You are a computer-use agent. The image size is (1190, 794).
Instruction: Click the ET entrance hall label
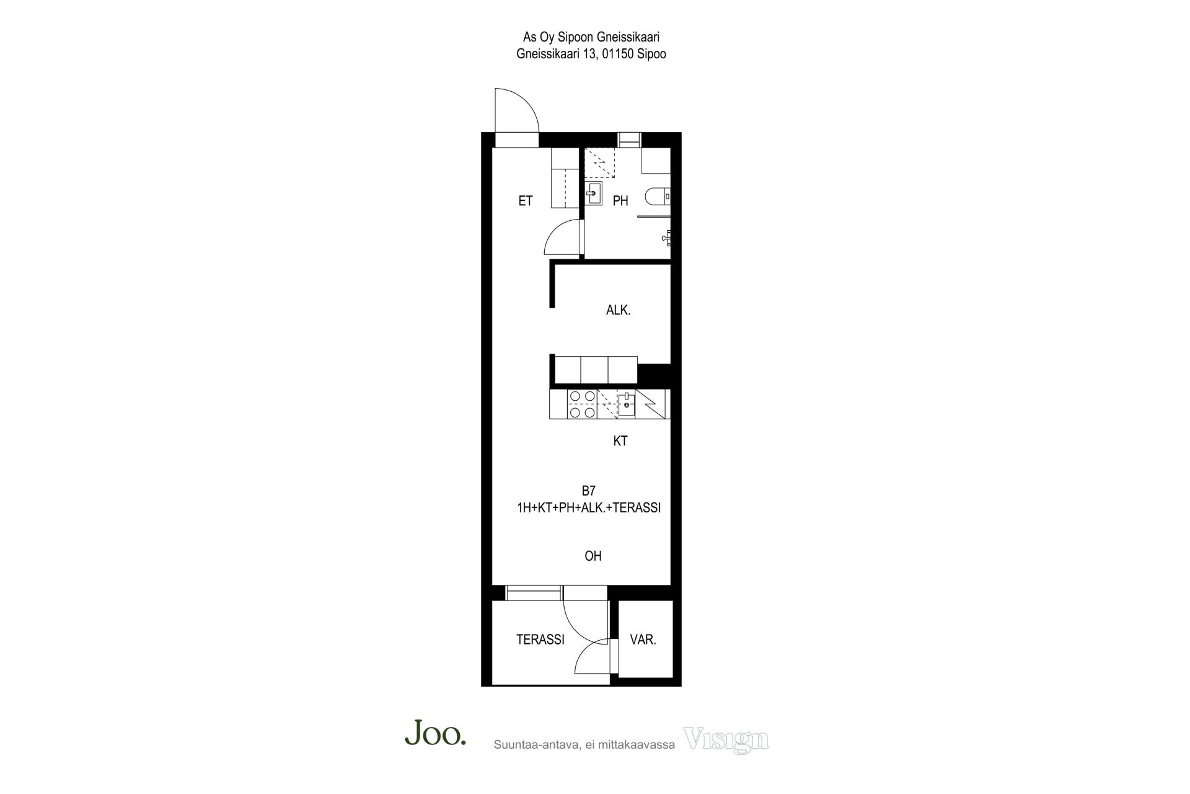pos(526,201)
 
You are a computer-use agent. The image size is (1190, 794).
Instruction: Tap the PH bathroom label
pos(620,201)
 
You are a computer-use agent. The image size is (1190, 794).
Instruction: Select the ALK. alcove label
pos(619,310)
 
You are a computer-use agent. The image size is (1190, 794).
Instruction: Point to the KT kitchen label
pos(620,441)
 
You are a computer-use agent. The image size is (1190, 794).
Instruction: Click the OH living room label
pos(593,556)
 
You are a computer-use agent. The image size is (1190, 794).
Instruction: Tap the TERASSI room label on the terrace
pos(540,640)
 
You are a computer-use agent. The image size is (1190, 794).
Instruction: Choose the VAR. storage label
pos(643,640)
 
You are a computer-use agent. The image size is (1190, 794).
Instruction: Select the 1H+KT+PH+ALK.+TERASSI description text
pos(589,508)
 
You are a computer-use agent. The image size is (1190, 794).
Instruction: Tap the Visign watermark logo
pos(726,739)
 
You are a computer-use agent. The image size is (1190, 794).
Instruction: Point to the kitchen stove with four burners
pos(583,404)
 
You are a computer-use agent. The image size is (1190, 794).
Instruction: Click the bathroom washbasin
pos(594,194)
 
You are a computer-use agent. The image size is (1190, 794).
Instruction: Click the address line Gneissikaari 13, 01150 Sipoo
pos(591,54)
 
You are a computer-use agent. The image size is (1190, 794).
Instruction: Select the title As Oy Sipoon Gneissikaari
pos(591,38)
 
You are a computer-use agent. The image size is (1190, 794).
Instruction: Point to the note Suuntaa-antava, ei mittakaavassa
pos(584,745)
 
